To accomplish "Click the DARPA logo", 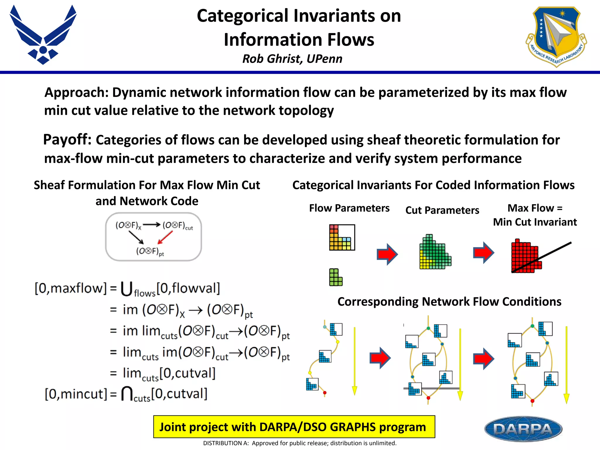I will (523, 429).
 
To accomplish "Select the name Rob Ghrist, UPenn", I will (292, 59).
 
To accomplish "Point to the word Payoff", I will (67, 139).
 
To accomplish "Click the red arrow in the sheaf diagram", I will (165, 237).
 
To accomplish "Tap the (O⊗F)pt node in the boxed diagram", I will (150, 251).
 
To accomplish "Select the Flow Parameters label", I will (349, 208).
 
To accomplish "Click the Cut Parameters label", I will (442, 210).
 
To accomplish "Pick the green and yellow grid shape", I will (435, 253).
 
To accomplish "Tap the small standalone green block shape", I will (335, 277).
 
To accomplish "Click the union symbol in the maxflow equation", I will (126, 289).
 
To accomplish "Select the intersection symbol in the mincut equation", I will (127, 394).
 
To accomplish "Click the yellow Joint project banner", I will (294, 427).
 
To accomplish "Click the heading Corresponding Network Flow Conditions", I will (449, 301).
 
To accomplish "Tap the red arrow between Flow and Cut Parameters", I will (387, 254).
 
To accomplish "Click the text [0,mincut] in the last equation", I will (76, 394).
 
